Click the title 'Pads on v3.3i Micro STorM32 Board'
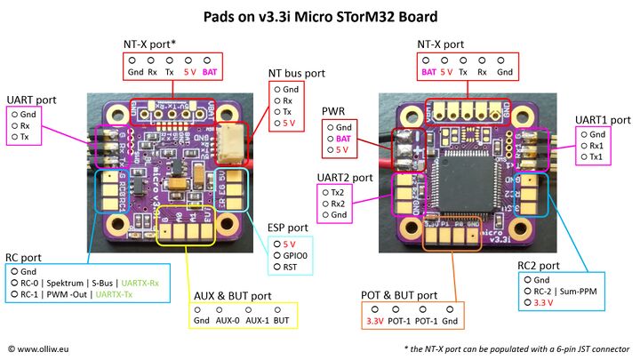click(319, 16)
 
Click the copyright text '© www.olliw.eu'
click(43, 348)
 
